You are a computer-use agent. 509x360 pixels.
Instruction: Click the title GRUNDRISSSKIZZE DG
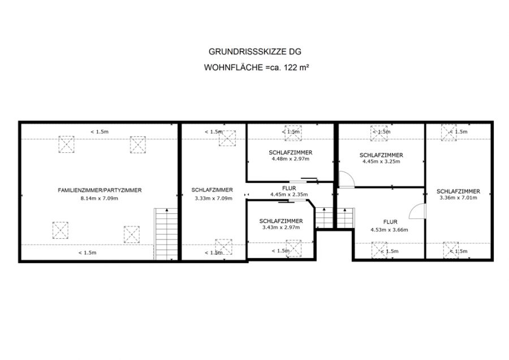click(x=255, y=52)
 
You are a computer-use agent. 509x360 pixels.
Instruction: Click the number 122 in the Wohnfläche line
click(x=291, y=67)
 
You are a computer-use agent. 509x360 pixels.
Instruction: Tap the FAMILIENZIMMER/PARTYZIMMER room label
click(x=100, y=190)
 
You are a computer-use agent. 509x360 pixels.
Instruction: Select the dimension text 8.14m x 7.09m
click(x=100, y=198)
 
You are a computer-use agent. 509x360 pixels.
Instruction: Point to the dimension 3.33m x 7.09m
click(x=214, y=198)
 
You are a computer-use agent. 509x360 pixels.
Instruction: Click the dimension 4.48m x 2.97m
click(x=291, y=159)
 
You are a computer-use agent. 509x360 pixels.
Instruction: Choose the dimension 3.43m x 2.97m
click(x=281, y=228)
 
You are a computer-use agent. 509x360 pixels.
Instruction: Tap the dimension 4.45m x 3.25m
click(x=381, y=161)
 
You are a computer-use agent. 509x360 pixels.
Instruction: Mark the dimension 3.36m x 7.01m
click(x=458, y=198)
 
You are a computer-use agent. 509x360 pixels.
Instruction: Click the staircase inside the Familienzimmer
click(x=166, y=234)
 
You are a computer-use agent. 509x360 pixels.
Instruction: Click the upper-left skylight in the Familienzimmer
click(x=66, y=144)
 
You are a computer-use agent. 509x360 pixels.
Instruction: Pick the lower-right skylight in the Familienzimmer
click(x=132, y=234)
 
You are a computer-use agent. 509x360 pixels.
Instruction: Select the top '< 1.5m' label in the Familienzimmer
click(x=100, y=131)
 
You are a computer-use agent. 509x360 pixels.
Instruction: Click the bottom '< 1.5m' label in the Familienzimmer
click(x=87, y=252)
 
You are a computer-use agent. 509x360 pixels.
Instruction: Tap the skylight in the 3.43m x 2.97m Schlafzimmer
click(x=294, y=248)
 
